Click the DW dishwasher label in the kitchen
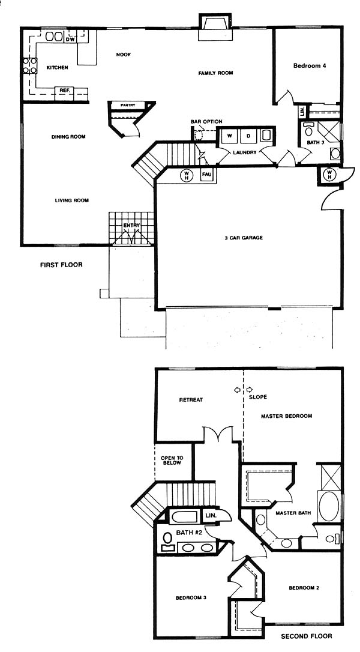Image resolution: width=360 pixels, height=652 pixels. pyautogui.click(x=70, y=40)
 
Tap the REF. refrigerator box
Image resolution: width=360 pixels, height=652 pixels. pyautogui.click(x=64, y=90)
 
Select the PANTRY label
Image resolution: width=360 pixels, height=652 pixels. pyautogui.click(x=128, y=105)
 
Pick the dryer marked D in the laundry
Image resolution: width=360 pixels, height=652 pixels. pyautogui.click(x=248, y=136)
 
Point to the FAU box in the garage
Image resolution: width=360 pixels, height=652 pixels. pyautogui.click(x=207, y=175)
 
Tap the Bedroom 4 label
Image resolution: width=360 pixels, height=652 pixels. pyautogui.click(x=309, y=65)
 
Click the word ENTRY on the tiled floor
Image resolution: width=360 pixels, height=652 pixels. pyautogui.click(x=131, y=225)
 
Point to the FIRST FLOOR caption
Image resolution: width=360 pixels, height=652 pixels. pyautogui.click(x=61, y=264)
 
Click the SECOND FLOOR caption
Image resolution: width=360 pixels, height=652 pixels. pyautogui.click(x=307, y=636)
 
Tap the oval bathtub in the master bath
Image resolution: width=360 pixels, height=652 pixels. pyautogui.click(x=328, y=506)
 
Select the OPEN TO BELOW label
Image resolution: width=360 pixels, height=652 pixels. pyautogui.click(x=172, y=460)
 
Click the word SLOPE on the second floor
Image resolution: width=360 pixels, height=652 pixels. pyautogui.click(x=258, y=397)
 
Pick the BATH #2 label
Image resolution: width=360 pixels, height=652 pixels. pyautogui.click(x=190, y=533)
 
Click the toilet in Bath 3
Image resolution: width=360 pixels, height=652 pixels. pyautogui.click(x=308, y=130)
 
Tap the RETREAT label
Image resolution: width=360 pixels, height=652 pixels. pyautogui.click(x=191, y=400)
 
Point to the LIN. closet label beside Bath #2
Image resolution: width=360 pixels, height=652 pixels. pyautogui.click(x=211, y=516)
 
